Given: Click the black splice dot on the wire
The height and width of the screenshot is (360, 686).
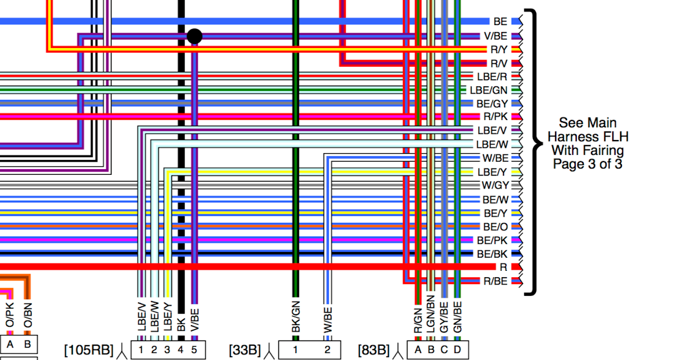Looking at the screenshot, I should (194, 37).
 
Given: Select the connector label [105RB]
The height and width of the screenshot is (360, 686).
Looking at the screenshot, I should (89, 349).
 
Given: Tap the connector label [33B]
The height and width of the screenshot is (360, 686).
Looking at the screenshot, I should (245, 349).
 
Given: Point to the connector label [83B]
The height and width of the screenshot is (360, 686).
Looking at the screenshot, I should (374, 349).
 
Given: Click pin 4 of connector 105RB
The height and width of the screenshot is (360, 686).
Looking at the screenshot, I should (181, 350).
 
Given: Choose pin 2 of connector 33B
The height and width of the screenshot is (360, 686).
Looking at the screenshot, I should (327, 350).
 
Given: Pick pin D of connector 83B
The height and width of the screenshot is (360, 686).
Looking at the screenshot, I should (457, 350).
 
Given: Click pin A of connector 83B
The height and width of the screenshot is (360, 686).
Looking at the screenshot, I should (417, 350).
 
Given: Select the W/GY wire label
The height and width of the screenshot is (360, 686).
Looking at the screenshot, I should (494, 185).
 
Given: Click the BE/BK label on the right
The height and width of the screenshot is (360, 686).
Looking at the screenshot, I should (492, 254).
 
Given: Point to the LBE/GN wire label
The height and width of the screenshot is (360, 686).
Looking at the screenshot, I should (488, 90).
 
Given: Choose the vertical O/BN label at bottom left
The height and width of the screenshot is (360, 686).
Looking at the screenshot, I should (27, 316).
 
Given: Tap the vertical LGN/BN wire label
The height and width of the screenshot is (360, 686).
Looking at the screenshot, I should (430, 314).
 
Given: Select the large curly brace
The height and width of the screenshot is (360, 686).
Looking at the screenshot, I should (534, 151).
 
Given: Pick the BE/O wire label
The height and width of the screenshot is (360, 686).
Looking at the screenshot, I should (495, 227).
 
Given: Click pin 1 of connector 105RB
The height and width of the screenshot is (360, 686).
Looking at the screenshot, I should (141, 350).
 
